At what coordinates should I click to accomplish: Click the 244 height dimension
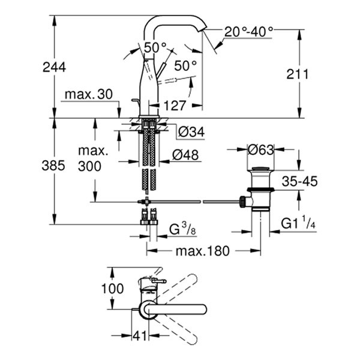point(54,67)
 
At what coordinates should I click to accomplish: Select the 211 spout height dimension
point(298,74)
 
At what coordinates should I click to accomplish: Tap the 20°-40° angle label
point(249,30)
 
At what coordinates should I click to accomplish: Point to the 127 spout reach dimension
point(175,106)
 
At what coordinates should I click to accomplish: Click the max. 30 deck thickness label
point(89,94)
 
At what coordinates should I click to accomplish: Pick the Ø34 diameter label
point(191,130)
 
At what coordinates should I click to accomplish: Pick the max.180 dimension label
point(202,251)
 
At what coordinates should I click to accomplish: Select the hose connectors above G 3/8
point(149,217)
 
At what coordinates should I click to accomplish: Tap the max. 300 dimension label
point(94,158)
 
